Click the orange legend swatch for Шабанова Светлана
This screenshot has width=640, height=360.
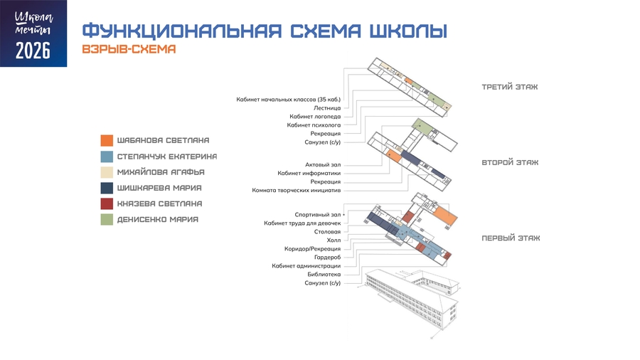click(x=107, y=140)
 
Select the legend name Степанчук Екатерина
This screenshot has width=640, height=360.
click(x=167, y=157)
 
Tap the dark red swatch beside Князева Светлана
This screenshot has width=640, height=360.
click(x=107, y=203)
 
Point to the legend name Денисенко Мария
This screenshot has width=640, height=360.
click(x=158, y=220)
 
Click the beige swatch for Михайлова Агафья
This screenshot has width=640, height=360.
click(x=107, y=172)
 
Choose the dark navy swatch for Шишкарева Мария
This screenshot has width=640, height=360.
click(x=107, y=188)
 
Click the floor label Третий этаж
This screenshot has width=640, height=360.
click(x=510, y=87)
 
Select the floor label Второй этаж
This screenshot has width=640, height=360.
click(x=510, y=162)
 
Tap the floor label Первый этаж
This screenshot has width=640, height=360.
click(x=511, y=238)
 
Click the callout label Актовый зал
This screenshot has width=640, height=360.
click(x=323, y=165)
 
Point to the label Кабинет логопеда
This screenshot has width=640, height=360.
click(x=315, y=117)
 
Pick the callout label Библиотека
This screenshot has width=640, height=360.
click(x=324, y=275)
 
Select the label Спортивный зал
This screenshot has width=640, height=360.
click(x=318, y=215)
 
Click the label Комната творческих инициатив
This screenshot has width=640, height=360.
click(x=297, y=190)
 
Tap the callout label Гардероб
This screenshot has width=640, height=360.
click(x=327, y=258)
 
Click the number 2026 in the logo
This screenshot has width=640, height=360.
click(x=33, y=51)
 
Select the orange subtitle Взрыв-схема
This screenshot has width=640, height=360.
click(x=129, y=49)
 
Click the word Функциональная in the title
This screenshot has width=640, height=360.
click(x=182, y=31)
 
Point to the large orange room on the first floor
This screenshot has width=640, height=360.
click(x=445, y=216)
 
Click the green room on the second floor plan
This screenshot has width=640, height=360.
click(x=422, y=127)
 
